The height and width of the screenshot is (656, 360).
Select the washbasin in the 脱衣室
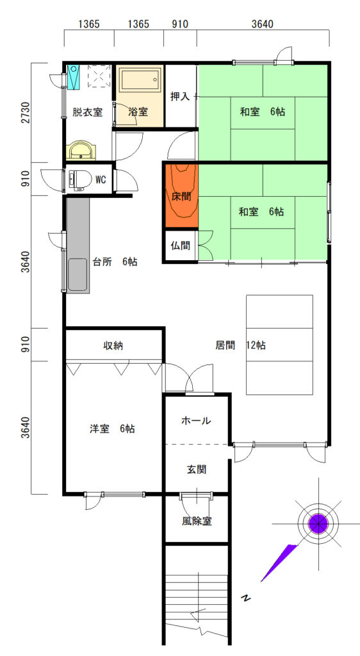[83, 150]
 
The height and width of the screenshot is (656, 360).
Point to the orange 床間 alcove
[181, 196]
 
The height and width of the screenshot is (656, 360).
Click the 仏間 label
[181, 245]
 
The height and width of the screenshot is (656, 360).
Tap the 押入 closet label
[180, 96]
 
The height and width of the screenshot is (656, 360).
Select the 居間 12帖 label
[240, 345]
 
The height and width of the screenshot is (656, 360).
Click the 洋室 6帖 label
[112, 429]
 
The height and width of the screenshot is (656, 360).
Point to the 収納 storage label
[113, 345]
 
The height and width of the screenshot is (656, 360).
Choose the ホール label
[196, 421]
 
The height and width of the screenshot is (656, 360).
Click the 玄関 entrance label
[196, 470]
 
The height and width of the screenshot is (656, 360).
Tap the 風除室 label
[197, 521]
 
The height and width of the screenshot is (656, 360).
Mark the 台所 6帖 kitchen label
[115, 262]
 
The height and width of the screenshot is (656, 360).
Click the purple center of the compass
[318, 523]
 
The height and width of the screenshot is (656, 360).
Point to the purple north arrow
[279, 562]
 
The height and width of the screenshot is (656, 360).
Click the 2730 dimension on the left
[26, 113]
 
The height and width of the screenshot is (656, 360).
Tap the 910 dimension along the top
[180, 24]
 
